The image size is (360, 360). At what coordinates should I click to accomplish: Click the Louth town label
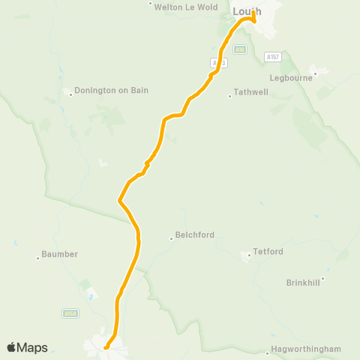(247, 10)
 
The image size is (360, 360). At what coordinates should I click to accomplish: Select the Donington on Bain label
(112, 91)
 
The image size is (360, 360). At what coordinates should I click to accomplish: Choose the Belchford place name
(195, 235)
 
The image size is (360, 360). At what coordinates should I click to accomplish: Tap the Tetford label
(268, 251)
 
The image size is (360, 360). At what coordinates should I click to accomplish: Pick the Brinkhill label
(303, 283)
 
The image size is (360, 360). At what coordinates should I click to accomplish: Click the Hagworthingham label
(307, 349)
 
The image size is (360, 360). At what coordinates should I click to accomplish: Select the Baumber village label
(60, 254)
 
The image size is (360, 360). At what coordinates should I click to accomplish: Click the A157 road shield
(272, 56)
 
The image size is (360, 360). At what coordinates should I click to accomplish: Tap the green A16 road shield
(239, 50)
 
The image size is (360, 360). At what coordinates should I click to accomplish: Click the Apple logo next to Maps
(11, 347)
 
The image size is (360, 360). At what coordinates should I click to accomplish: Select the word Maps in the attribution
(32, 347)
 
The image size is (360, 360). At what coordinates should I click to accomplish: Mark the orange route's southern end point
(106, 347)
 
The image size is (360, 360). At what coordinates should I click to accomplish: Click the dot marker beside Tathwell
(230, 95)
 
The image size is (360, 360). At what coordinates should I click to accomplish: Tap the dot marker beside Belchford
(171, 239)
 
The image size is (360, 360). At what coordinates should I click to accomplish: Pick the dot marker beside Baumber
(38, 259)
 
